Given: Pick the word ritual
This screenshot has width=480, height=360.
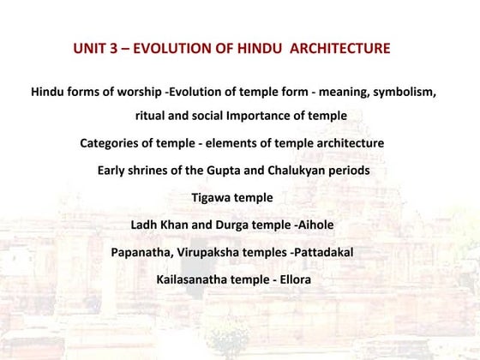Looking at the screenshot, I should (153, 116).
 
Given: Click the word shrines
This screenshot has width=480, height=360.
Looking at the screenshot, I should (153, 171).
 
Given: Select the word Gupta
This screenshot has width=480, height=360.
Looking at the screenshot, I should (236, 171).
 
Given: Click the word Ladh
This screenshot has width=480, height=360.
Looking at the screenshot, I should (145, 225).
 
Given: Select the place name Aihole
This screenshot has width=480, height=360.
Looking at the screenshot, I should (315, 225).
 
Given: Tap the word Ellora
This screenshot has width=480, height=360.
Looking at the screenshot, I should (291, 280).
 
